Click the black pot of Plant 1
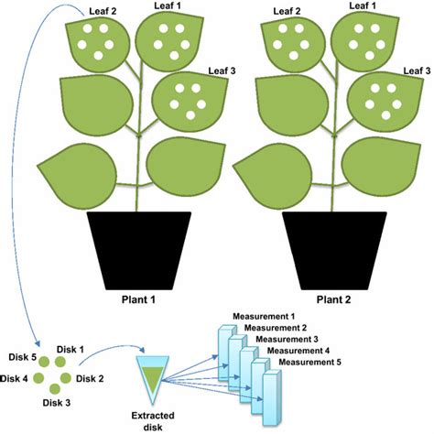pyautogui.click(x=139, y=250)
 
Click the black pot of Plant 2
pyautogui.click(x=334, y=250)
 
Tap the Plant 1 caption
pyautogui.click(x=138, y=299)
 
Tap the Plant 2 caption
pyautogui.click(x=333, y=299)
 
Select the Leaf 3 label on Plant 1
pyautogui.click(x=222, y=71)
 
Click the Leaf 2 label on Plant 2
pyautogui.click(x=287, y=12)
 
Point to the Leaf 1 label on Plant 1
pyautogui.click(x=168, y=5)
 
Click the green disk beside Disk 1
pyautogui.click(x=60, y=362)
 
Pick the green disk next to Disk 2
pyautogui.click(x=66, y=378)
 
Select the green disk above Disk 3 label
pyautogui.click(x=55, y=389)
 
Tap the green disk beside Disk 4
pyautogui.click(x=38, y=378)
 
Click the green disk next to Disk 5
pyautogui.click(x=44, y=362)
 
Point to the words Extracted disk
pyautogui.click(x=153, y=421)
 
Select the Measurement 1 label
pyautogui.click(x=264, y=316)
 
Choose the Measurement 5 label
pyautogui.click(x=309, y=363)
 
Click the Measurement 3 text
pyautogui.click(x=287, y=339)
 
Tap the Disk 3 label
pyautogui.click(x=57, y=403)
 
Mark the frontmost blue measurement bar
pyautogui.click(x=271, y=398)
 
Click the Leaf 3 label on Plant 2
pyautogui.click(x=417, y=71)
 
